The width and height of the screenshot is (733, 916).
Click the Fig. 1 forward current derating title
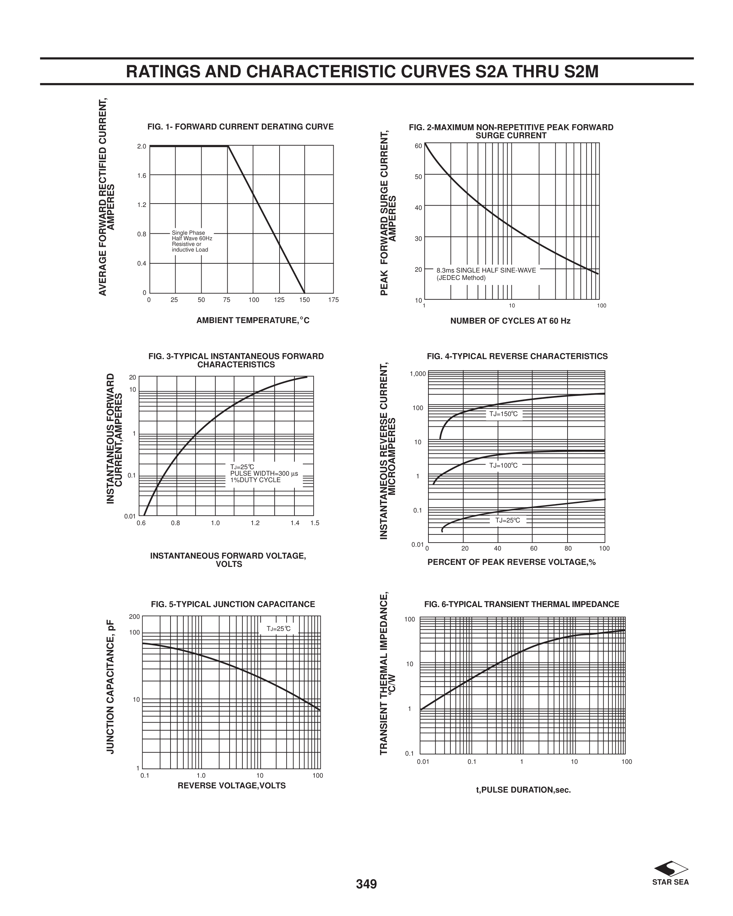pyautogui.click(x=240, y=127)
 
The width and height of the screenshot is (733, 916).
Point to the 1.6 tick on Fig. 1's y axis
pyautogui.click(x=141, y=176)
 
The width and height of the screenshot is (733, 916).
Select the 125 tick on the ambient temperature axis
pyautogui.click(x=279, y=300)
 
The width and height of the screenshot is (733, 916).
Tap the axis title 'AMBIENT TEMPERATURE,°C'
pyautogui.click(x=253, y=320)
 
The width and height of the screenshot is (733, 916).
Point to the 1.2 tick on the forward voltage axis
pyautogui.click(x=255, y=523)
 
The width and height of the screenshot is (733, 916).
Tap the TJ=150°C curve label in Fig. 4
pyautogui.click(x=503, y=414)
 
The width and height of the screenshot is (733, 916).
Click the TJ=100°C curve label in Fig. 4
pyautogui.click(x=503, y=465)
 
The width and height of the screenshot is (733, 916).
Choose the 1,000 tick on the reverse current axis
pyautogui.click(x=417, y=374)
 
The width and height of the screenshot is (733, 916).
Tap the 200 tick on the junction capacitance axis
pyautogui.click(x=134, y=617)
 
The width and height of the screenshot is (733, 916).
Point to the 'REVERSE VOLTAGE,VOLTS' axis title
pyautogui.click(x=231, y=786)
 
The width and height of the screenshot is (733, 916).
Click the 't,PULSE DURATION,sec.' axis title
pyautogui.click(x=523, y=790)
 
